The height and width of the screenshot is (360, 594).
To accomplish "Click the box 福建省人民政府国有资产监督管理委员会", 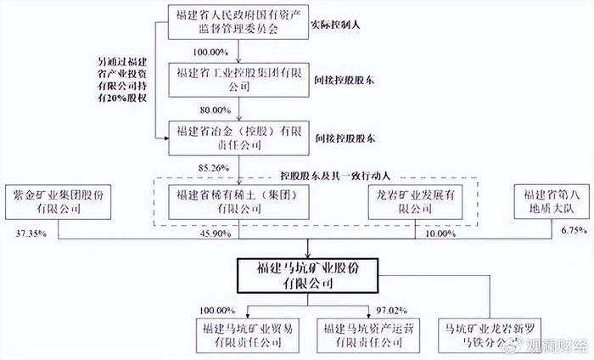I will pos(241,21).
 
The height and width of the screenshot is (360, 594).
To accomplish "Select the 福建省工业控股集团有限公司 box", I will pos(241,80).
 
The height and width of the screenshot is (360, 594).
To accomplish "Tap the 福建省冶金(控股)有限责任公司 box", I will pos(241,138).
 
